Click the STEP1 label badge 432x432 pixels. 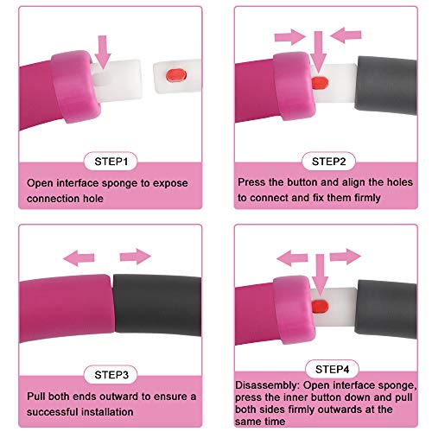coord(111,162)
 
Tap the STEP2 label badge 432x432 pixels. coord(328,162)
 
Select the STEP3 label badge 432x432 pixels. coord(111,375)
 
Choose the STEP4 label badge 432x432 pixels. coord(332,369)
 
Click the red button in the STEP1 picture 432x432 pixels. coord(176,75)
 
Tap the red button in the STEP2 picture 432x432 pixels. coord(320,83)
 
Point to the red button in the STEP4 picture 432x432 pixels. coord(320,307)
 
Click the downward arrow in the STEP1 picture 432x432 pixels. coord(103,52)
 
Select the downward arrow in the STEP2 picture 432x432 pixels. coord(318,52)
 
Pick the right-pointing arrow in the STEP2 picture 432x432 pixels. coord(290,37)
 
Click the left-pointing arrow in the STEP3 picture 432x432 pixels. coord(79,258)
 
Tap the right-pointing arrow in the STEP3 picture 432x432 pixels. coord(136,257)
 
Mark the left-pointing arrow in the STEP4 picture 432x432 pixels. coord(292,258)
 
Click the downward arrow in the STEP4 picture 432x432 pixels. coord(320,275)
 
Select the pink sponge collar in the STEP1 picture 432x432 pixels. coord(75,86)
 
